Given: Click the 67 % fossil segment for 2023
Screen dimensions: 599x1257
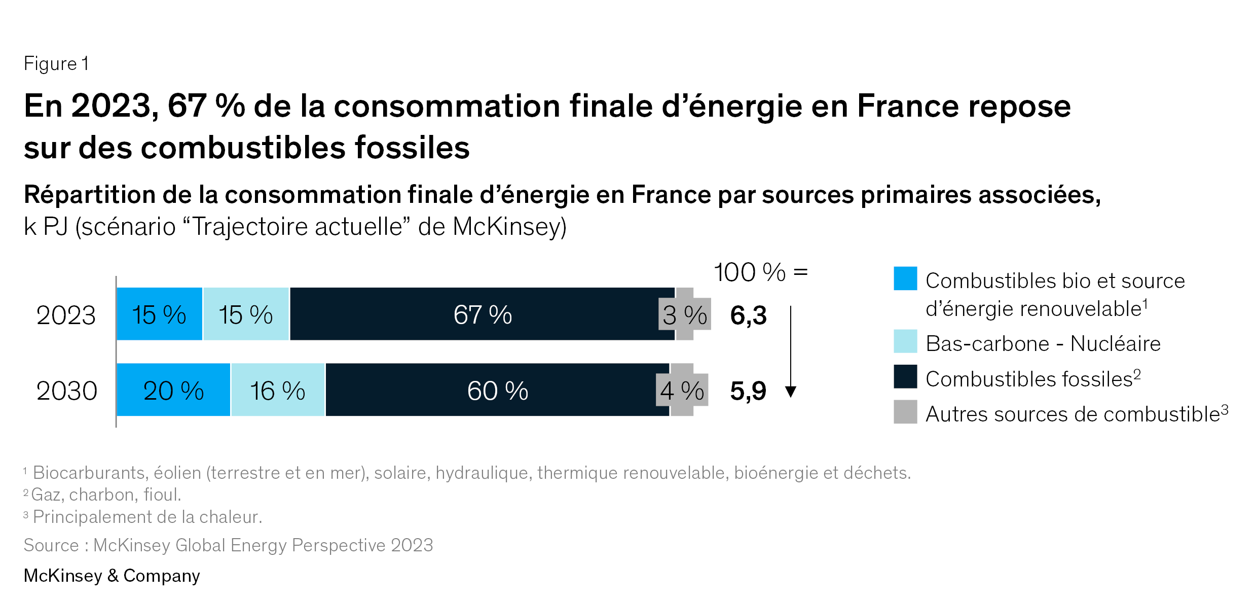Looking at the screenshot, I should click(482, 314).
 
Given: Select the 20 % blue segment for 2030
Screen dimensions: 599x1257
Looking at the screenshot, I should click(173, 390).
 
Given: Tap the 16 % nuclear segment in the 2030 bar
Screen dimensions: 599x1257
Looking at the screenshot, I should click(278, 390).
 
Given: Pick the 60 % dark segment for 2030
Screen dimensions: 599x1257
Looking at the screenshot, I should click(497, 390).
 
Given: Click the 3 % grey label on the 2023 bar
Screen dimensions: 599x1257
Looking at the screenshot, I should click(685, 315).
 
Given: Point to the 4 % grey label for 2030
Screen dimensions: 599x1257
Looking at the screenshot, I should click(682, 390).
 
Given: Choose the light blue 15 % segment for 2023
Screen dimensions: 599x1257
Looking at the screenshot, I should click(246, 314).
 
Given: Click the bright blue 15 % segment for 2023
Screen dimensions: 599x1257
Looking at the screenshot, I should click(159, 314).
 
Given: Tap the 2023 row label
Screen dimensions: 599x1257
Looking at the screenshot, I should click(66, 315).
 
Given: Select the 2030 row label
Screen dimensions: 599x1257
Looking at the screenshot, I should click(66, 391).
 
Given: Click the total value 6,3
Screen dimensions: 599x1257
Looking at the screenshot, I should click(748, 315).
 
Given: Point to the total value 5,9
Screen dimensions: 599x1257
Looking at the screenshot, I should click(748, 391).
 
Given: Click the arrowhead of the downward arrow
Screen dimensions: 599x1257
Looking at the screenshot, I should click(790, 392).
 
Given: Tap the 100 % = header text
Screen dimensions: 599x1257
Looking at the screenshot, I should click(760, 273).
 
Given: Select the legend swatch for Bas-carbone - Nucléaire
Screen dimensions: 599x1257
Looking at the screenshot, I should click(905, 341).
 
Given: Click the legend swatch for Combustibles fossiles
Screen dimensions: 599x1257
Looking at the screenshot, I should click(905, 376).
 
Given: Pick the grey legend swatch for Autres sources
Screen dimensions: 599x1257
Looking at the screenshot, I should click(905, 412).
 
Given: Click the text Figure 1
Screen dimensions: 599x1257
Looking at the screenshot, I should click(56, 64).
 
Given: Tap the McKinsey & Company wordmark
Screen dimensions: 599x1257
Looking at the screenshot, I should click(112, 576).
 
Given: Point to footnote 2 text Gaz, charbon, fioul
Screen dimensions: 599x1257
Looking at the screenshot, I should click(105, 495).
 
